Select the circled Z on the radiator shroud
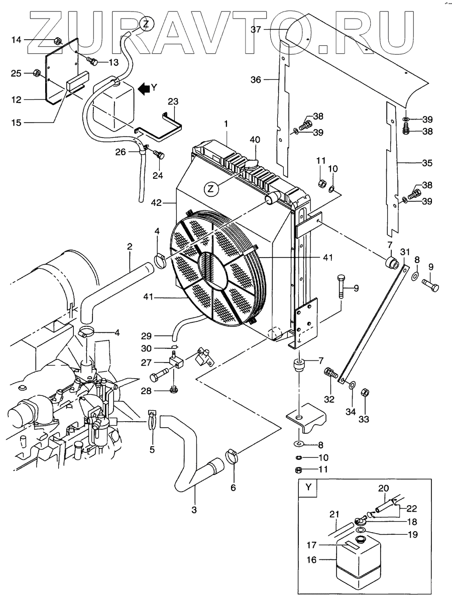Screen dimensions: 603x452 coord(212,189)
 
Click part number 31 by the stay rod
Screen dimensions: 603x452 coord(406,251)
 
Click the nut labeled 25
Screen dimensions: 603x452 coord(37,74)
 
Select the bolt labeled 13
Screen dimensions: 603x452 coord(92,61)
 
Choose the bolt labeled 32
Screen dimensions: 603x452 coord(330,374)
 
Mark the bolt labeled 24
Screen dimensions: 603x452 coord(160,156)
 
